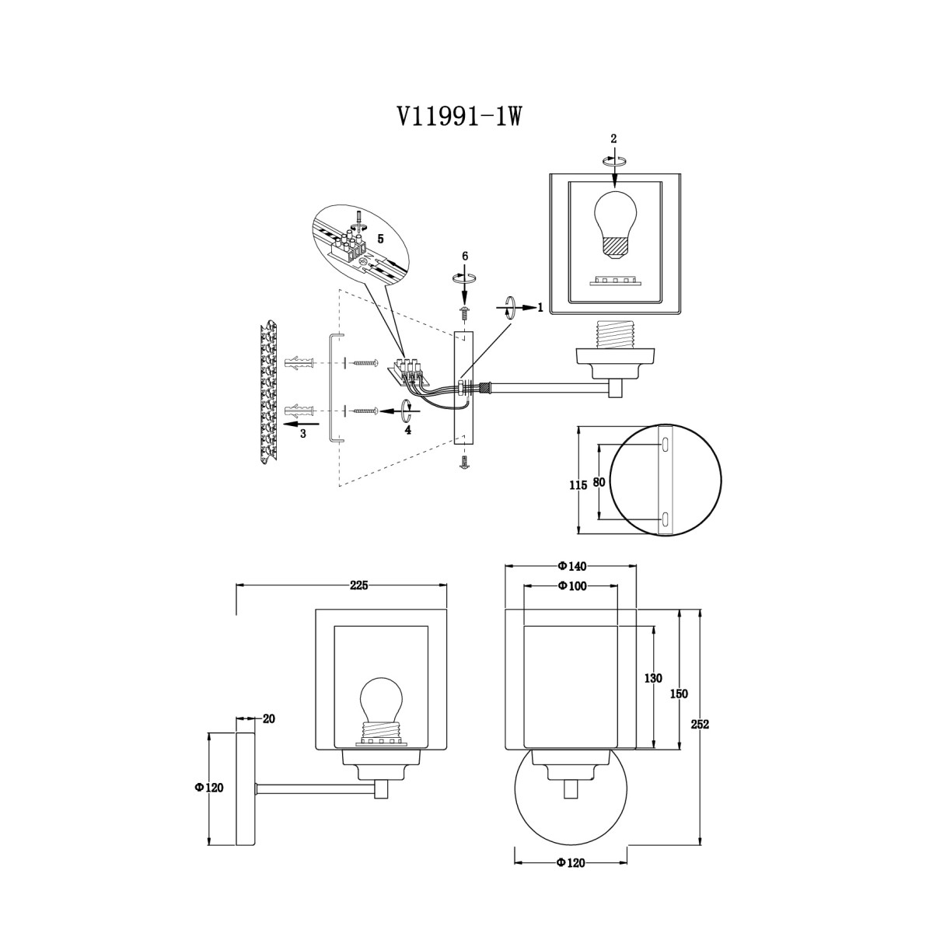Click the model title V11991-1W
pyautogui.click(x=460, y=116)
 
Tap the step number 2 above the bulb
pyautogui.click(x=613, y=139)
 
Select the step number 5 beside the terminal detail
pyautogui.click(x=380, y=239)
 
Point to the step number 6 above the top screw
pyautogui.click(x=465, y=257)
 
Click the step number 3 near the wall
pyautogui.click(x=303, y=434)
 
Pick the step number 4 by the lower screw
pyautogui.click(x=408, y=430)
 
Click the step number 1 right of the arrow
pyautogui.click(x=540, y=307)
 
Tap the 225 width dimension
pyautogui.click(x=358, y=585)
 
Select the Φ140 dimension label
pyautogui.click(x=571, y=566)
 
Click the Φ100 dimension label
pyautogui.click(x=571, y=586)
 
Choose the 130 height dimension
pyautogui.click(x=653, y=679)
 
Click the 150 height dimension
pyautogui.click(x=679, y=694)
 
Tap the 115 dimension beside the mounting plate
pyautogui.click(x=578, y=484)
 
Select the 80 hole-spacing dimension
pyautogui.click(x=599, y=482)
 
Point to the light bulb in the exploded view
pyautogui.click(x=615, y=226)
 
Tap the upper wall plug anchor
pyautogui.click(x=299, y=362)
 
